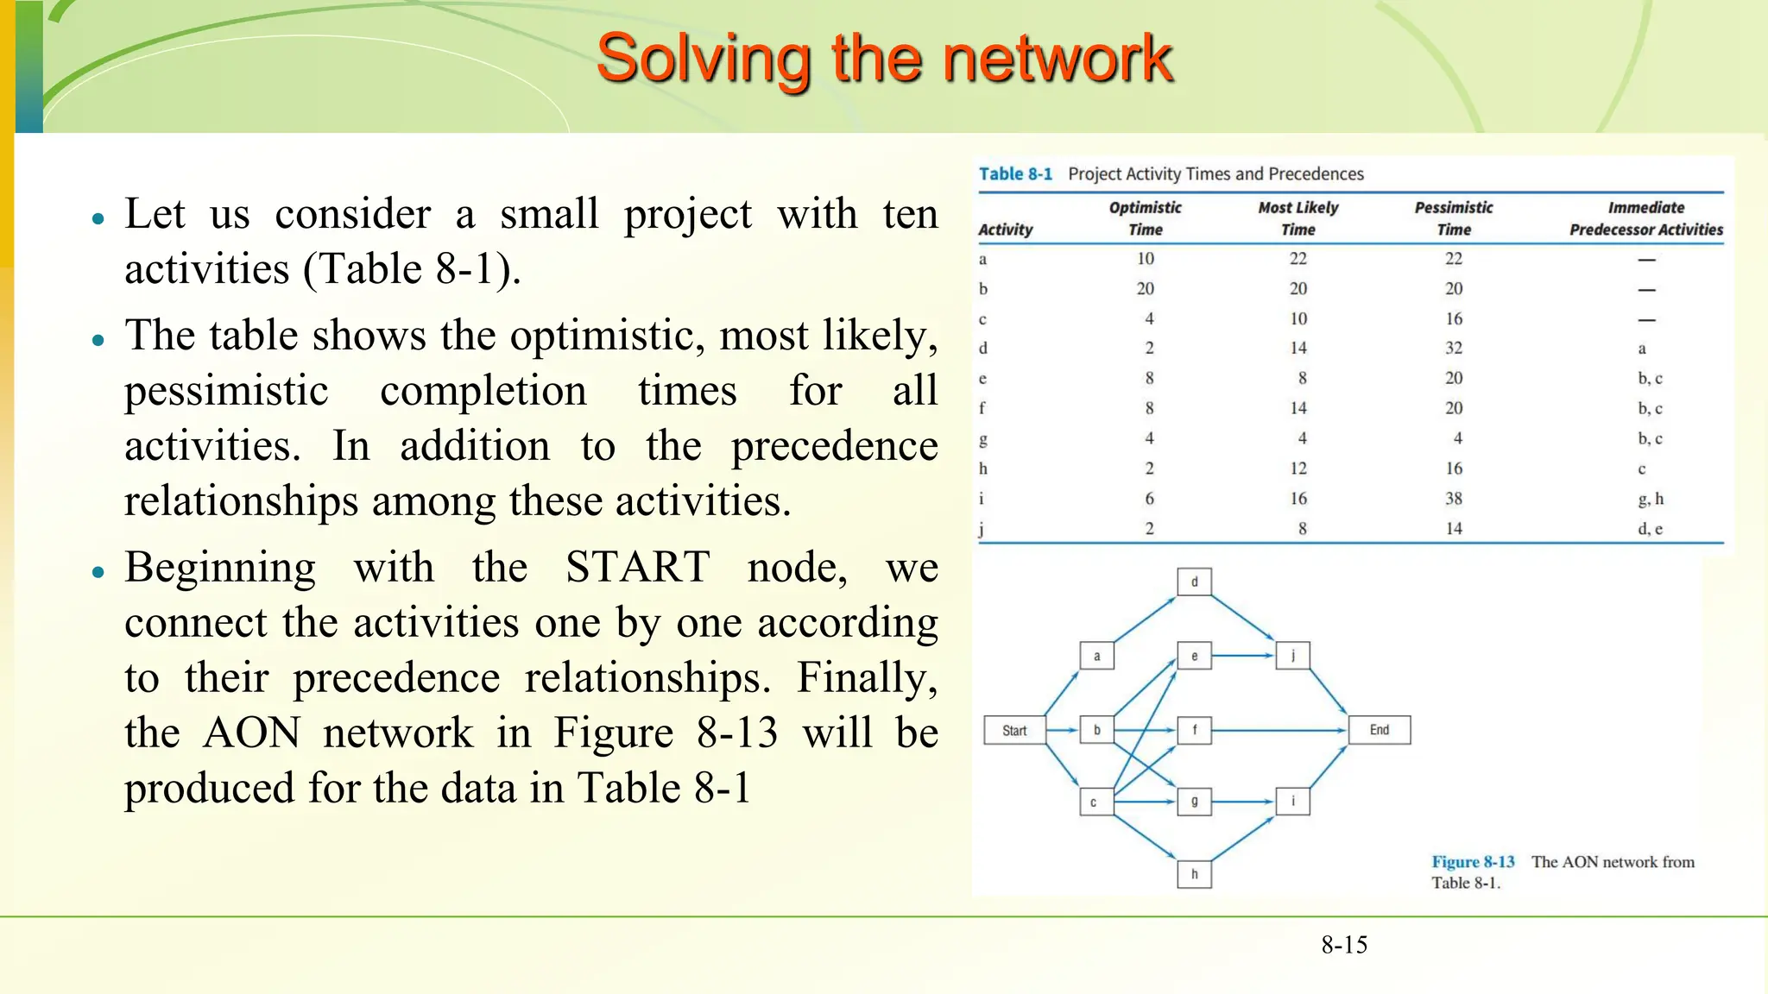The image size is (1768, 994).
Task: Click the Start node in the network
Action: point(1014,730)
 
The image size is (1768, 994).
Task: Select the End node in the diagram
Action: point(1379,730)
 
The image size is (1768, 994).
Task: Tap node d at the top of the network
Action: point(1194,582)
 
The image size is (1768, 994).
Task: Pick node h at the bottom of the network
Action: point(1194,874)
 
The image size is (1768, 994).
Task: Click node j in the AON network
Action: point(1292,656)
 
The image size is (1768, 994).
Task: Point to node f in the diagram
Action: point(1194,730)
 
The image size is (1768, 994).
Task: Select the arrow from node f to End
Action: point(1278,730)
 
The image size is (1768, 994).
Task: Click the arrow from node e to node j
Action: point(1243,656)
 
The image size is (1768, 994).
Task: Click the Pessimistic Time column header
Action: point(1454,218)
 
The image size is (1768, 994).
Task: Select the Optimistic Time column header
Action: point(1145,218)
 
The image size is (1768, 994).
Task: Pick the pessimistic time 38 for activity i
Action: point(1454,499)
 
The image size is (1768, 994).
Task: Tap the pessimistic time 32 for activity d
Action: point(1454,348)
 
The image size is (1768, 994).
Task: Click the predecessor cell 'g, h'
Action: point(1650,499)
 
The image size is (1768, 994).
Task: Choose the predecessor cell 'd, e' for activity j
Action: point(1650,529)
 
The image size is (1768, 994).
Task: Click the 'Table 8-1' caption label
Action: point(1015,173)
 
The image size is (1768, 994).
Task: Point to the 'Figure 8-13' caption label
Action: point(1473,862)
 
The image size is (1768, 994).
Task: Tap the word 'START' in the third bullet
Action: point(637,568)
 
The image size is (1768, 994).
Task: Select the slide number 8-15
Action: point(1344,945)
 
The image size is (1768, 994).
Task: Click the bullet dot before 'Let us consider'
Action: point(98,218)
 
